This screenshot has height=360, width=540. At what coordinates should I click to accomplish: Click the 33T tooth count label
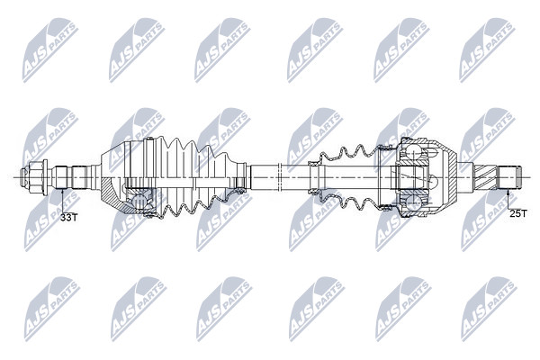[69, 218]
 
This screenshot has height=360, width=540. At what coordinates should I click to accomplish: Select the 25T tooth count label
[518, 214]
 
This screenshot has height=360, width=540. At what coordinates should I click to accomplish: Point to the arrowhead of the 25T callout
[508, 191]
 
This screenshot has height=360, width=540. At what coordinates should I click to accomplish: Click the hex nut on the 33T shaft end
[35, 177]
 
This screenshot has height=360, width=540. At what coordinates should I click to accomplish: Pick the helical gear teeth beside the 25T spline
[486, 177]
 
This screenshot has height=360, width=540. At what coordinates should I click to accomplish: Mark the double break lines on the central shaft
[279, 177]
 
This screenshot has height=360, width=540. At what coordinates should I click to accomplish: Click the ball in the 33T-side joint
[139, 201]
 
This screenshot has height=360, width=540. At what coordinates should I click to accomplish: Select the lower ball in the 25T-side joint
[411, 202]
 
